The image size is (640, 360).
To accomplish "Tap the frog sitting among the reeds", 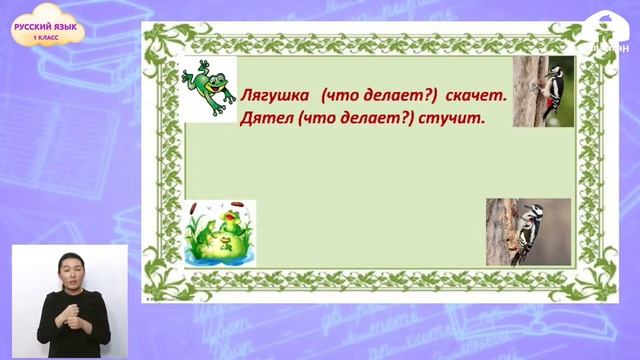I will [222, 232].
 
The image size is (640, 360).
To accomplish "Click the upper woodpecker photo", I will [543, 91].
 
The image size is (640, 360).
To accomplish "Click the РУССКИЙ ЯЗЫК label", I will [46, 28].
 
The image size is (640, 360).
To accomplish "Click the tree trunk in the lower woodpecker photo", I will [500, 231].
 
